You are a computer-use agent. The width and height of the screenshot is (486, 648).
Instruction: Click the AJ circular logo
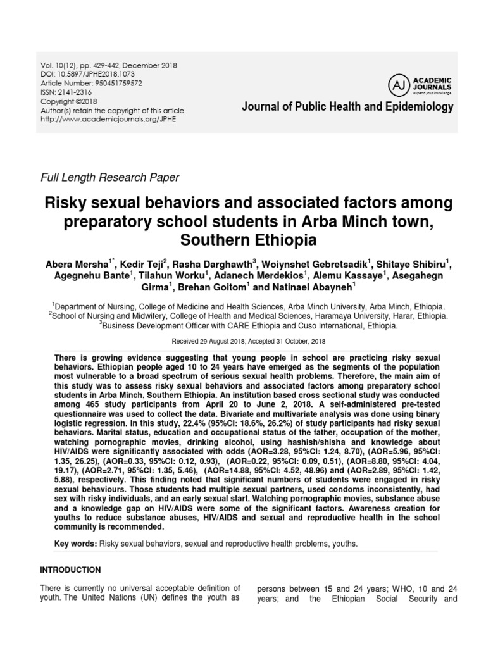pyautogui.click(x=396, y=84)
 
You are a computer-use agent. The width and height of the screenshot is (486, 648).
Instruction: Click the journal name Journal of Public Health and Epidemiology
pyautogui.click(x=347, y=107)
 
